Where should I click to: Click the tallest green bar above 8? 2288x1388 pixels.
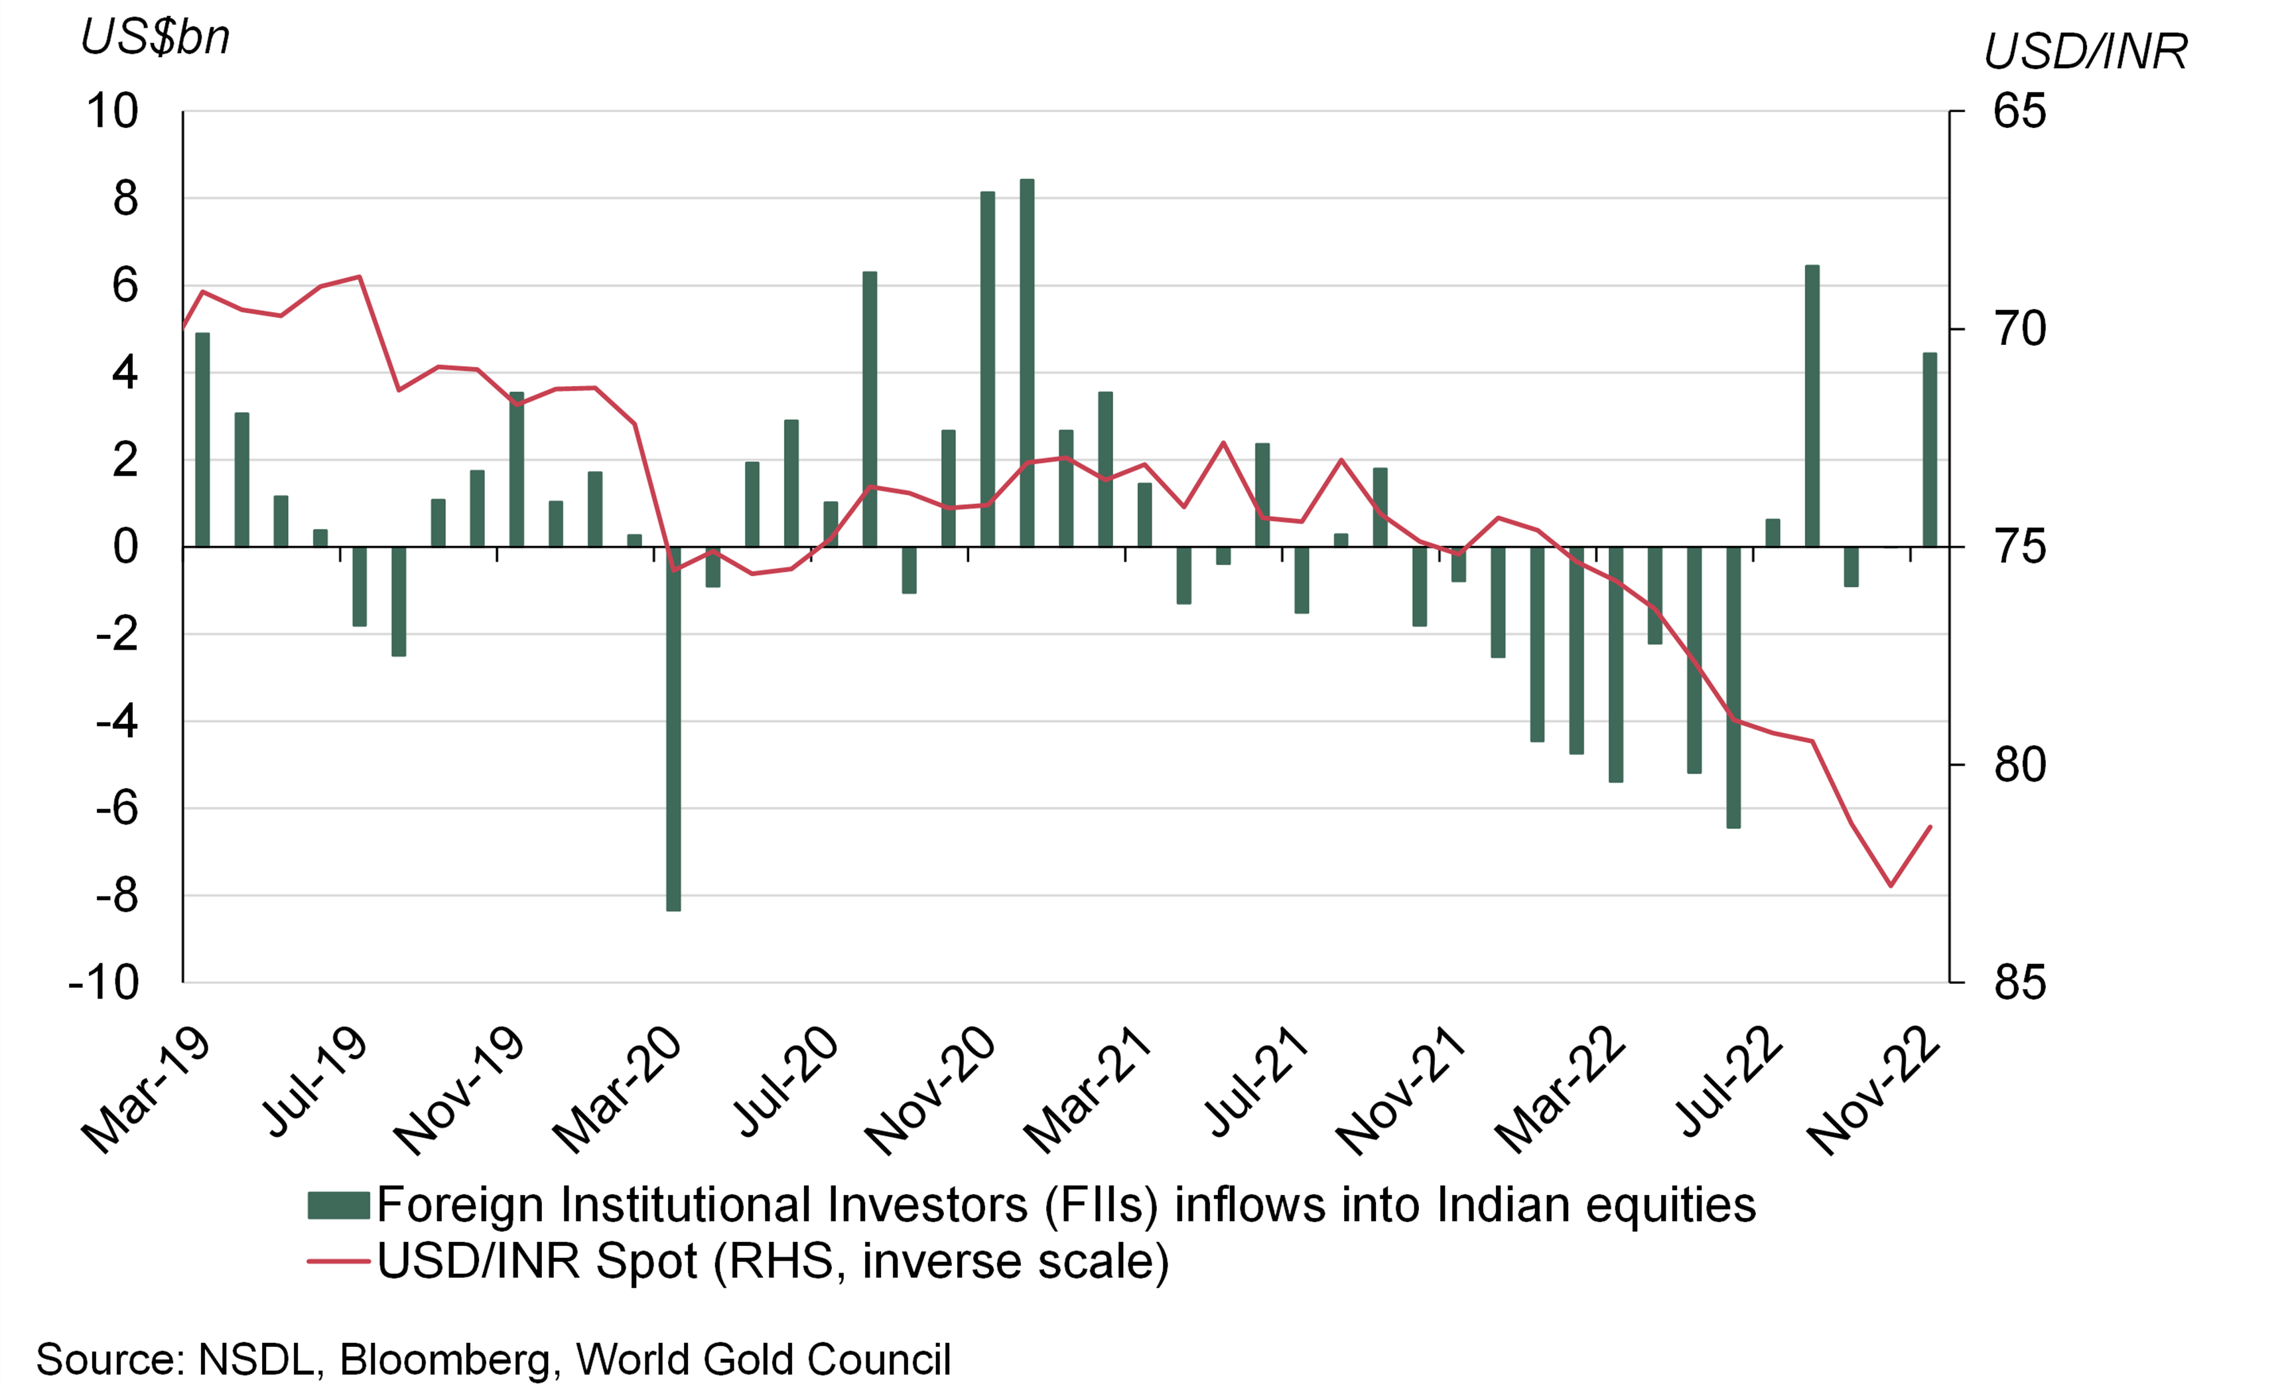pos(1026,362)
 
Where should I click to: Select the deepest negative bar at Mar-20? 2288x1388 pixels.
pos(673,729)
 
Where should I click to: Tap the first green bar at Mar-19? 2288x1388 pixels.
pos(202,439)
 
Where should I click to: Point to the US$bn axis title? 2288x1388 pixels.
pos(155,37)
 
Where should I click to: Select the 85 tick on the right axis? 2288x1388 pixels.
pos(2019,982)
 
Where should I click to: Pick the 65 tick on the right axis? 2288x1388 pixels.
pos(2019,111)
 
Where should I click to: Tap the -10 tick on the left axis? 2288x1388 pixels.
pos(104,982)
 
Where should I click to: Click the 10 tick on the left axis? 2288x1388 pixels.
pos(112,111)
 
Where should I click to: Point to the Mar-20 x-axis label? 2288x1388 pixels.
pos(618,1091)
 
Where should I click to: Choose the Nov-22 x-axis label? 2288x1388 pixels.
pos(1874,1091)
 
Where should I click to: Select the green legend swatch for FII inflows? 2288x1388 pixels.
pos(339,1205)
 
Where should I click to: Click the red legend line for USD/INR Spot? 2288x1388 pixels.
pos(339,1261)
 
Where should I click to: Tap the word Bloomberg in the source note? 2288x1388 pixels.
pos(444,1359)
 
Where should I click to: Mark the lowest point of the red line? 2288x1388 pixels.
pos(1891,886)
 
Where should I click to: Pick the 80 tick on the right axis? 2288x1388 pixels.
pos(2019,765)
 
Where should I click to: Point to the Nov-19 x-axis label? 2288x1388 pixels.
pos(460,1091)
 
